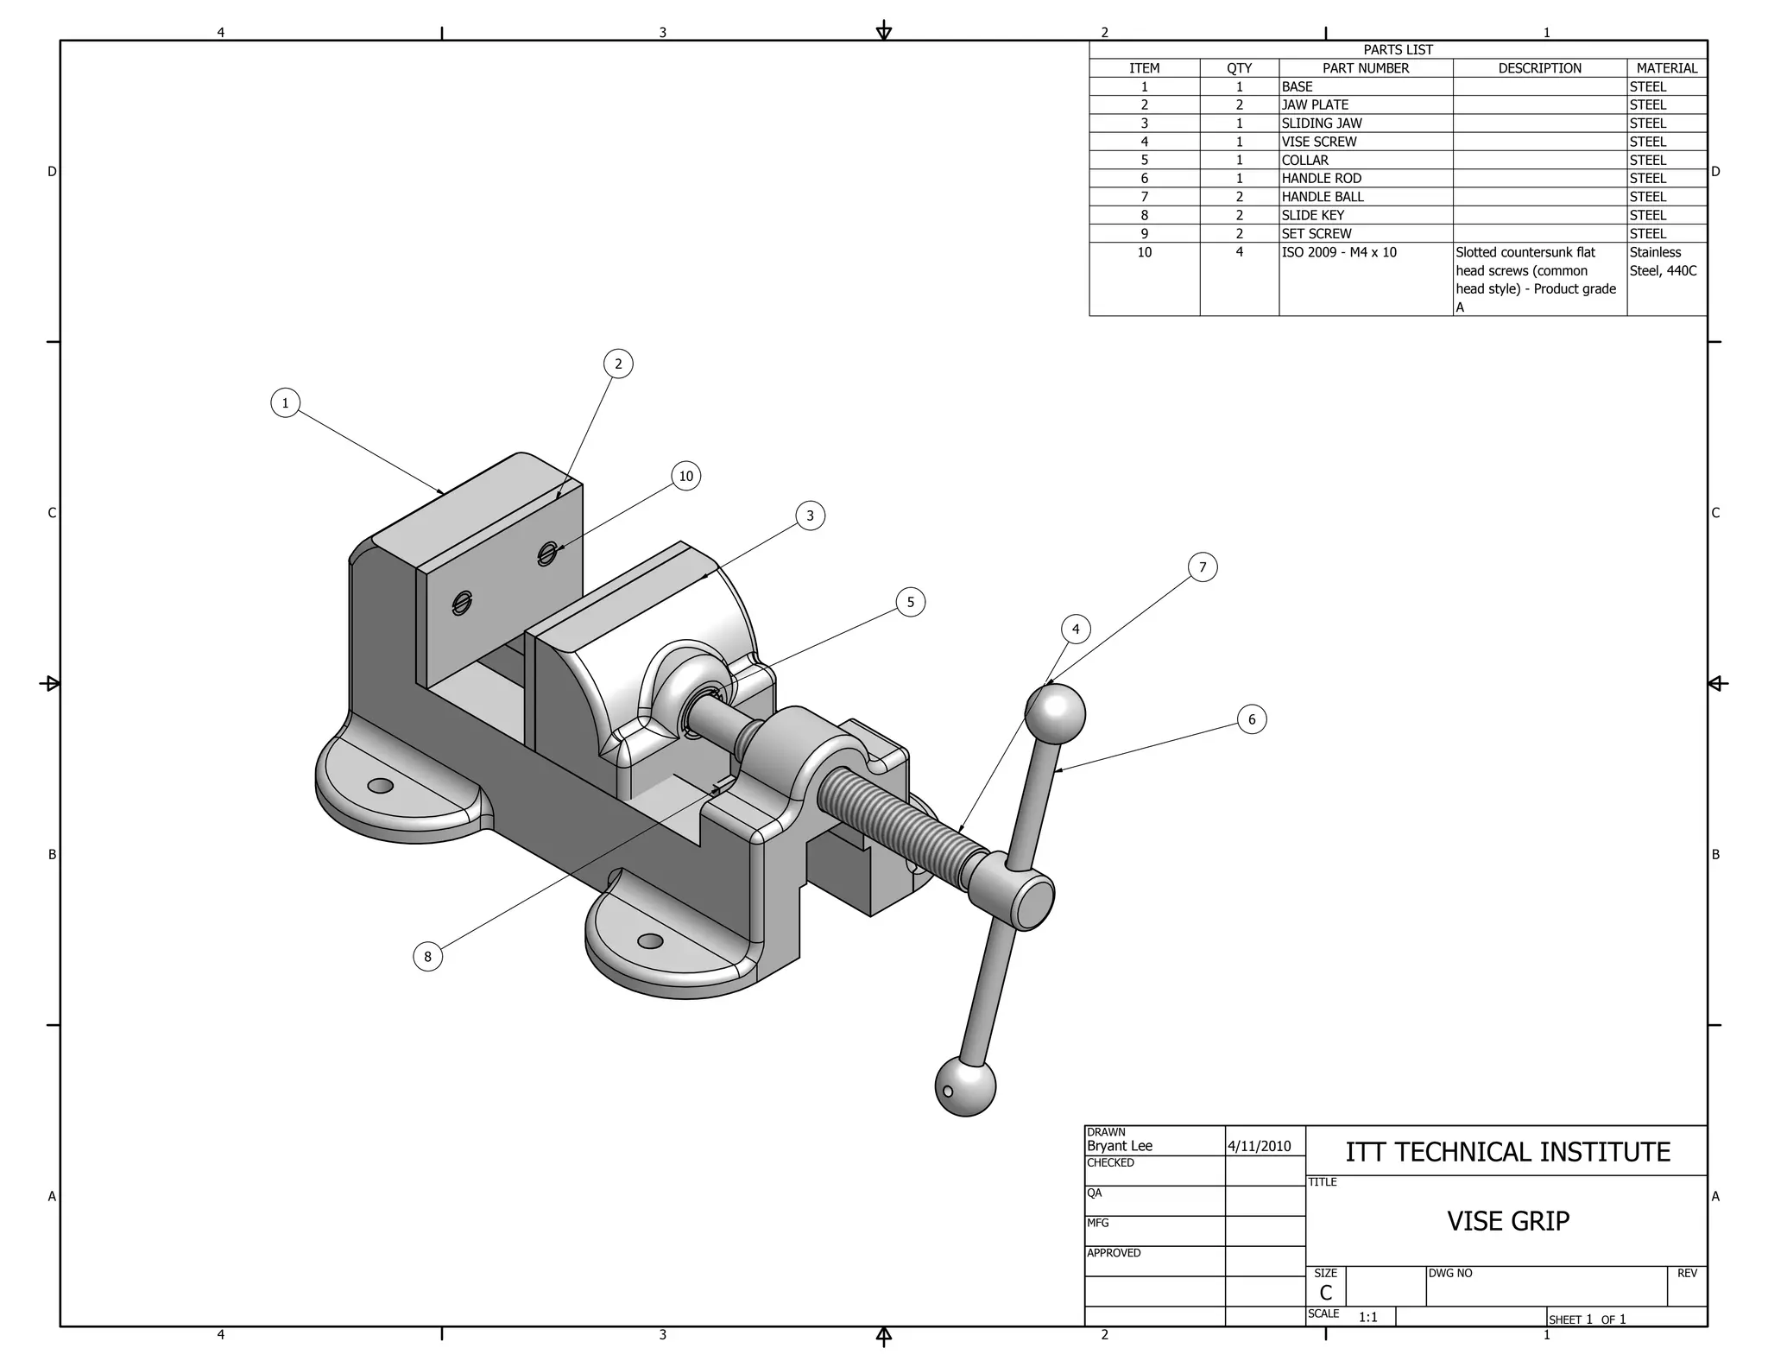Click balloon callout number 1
pyautogui.click(x=285, y=402)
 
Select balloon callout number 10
pyautogui.click(x=685, y=476)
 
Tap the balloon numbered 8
pyautogui.click(x=427, y=956)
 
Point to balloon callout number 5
pyautogui.click(x=910, y=602)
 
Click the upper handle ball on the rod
pyautogui.click(x=1055, y=714)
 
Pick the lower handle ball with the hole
pyautogui.click(x=965, y=1085)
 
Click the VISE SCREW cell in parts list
pyautogui.click(x=1318, y=142)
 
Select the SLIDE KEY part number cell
pyautogui.click(x=1312, y=215)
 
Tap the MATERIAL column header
pyautogui.click(x=1666, y=68)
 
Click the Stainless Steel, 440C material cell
pyautogui.click(x=1662, y=262)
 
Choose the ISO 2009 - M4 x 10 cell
pyautogui.click(x=1338, y=252)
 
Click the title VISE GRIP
pyautogui.click(x=1507, y=1221)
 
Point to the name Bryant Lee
pyautogui.click(x=1119, y=1146)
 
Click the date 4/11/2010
pyautogui.click(x=1259, y=1146)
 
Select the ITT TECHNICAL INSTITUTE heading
pyautogui.click(x=1507, y=1152)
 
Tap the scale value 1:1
pyautogui.click(x=1367, y=1317)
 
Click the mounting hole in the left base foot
pyautogui.click(x=380, y=786)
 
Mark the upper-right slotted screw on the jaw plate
pyautogui.click(x=546, y=553)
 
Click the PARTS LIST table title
pyautogui.click(x=1398, y=50)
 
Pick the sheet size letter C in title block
pyautogui.click(x=1325, y=1292)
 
